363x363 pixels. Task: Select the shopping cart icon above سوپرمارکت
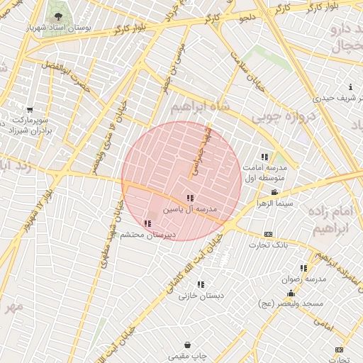pyautogui.click(x=29, y=110)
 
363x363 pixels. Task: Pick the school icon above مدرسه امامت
pyautogui.click(x=264, y=157)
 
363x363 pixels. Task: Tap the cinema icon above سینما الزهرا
pyautogui.click(x=274, y=192)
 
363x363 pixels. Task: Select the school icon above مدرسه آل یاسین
pyautogui.click(x=189, y=199)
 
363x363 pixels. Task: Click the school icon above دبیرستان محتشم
pyautogui.click(x=147, y=224)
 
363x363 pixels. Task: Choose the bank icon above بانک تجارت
pyautogui.click(x=268, y=234)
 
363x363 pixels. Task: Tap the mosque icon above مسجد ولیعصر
pyautogui.click(x=291, y=293)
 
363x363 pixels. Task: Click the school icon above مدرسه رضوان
pyautogui.click(x=303, y=268)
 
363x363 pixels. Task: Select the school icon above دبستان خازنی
pyautogui.click(x=201, y=284)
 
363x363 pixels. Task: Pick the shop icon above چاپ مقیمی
pyautogui.click(x=186, y=345)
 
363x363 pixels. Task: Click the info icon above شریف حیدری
pyautogui.click(x=330, y=87)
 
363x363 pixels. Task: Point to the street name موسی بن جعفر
pyautogui.click(x=175, y=65)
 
